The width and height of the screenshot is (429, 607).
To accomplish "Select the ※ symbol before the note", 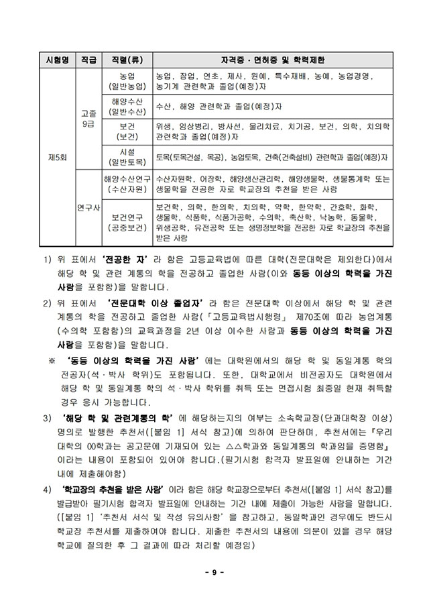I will coord(50,360).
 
